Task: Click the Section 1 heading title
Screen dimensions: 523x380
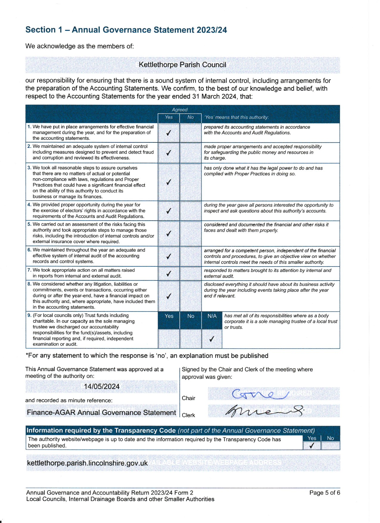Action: point(126,30)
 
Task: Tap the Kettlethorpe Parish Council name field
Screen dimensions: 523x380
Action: point(182,65)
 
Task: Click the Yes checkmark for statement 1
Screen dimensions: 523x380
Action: point(169,133)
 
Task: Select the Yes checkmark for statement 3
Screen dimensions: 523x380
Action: point(169,182)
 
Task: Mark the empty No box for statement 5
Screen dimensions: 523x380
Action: point(190,233)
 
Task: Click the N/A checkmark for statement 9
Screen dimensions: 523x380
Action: point(212,339)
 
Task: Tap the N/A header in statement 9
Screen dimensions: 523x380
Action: point(212,316)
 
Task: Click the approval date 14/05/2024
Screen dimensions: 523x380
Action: point(102,387)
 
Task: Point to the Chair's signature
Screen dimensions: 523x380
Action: point(259,394)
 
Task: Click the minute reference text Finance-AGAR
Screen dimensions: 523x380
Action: point(101,413)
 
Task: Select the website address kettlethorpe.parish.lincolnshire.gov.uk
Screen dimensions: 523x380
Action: point(87,463)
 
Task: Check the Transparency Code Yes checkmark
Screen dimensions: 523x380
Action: point(312,446)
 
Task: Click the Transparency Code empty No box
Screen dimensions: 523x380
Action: point(330,446)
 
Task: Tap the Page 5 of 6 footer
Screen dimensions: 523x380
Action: point(325,493)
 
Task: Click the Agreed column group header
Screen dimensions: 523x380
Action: point(180,110)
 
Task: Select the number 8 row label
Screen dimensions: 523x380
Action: point(29,284)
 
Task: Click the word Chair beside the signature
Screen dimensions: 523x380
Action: point(188,398)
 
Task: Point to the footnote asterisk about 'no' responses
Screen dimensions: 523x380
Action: point(27,355)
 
